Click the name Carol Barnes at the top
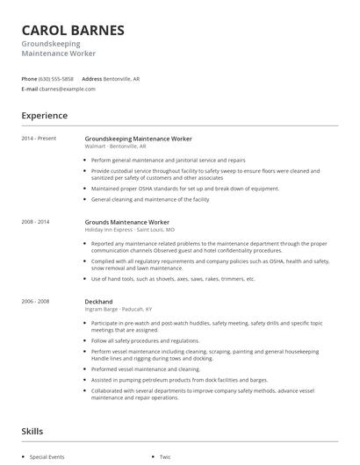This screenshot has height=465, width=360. [x=73, y=31]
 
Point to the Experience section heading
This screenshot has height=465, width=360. [x=44, y=115]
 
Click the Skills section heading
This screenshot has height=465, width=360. [x=32, y=431]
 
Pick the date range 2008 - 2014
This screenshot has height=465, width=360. [x=36, y=222]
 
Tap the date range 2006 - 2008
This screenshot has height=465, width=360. [x=36, y=301]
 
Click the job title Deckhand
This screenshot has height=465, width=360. [x=98, y=301]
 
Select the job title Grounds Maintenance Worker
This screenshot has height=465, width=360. [x=126, y=222]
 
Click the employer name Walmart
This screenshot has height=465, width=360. [x=95, y=146]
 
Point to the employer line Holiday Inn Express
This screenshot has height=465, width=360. [x=109, y=229]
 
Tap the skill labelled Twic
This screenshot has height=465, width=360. [x=165, y=457]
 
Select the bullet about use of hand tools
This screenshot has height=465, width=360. [x=173, y=278]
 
